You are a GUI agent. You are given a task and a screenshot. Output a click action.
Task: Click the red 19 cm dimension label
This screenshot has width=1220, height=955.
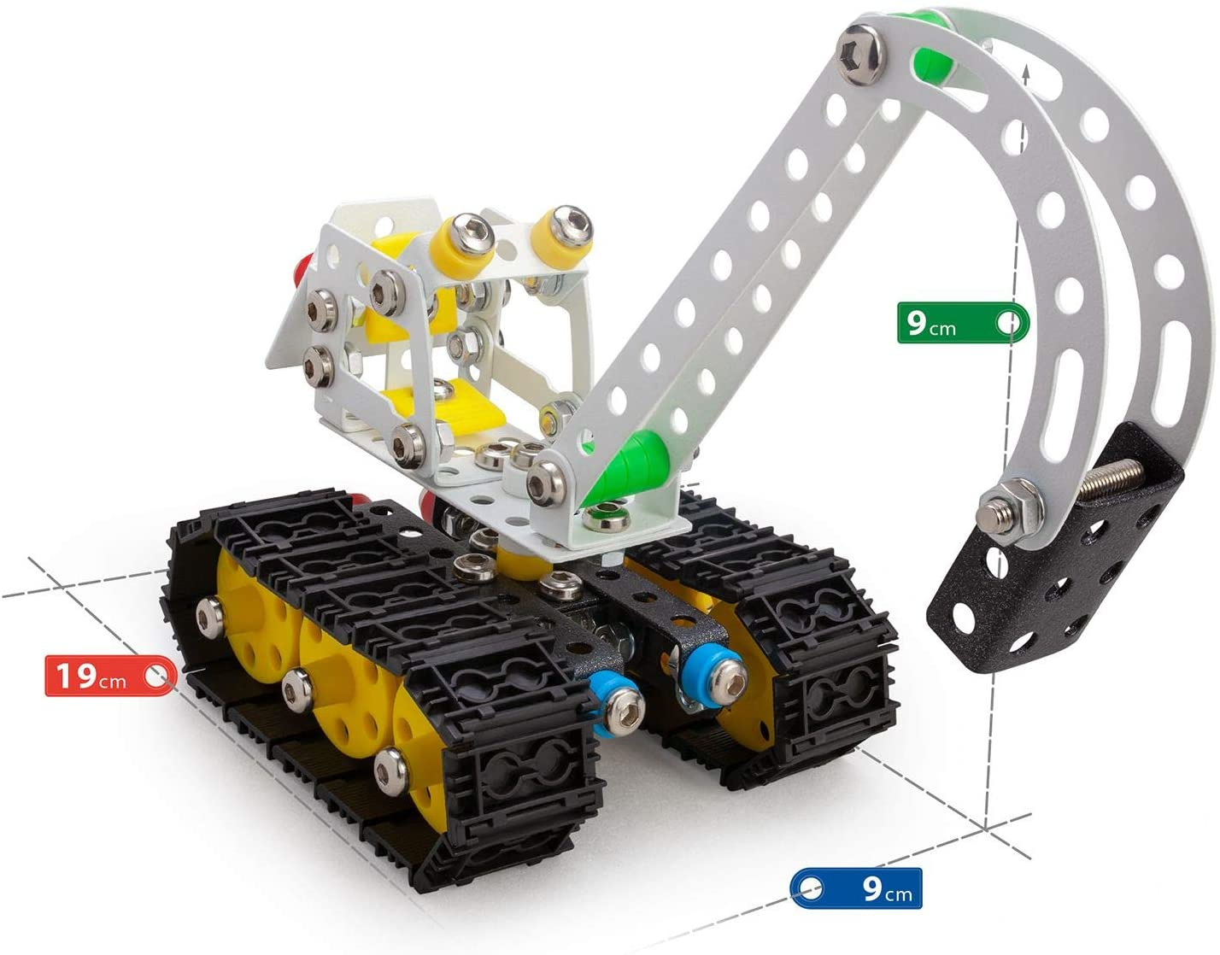tap(110, 676)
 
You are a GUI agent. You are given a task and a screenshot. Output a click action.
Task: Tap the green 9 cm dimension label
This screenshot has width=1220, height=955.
tap(963, 323)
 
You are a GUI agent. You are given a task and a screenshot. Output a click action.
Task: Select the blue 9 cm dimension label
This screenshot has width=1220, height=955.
tap(856, 888)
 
